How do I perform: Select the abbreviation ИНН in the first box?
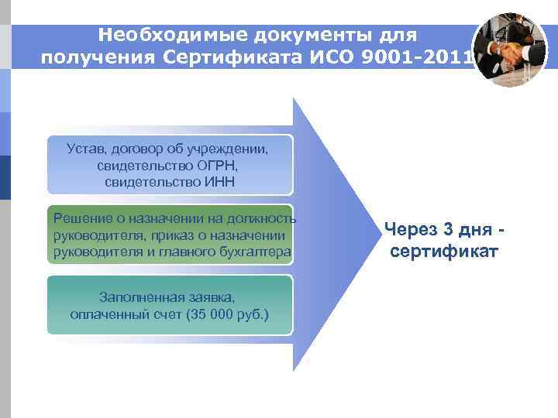218,183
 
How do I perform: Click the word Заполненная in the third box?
138,297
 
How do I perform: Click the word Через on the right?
410,230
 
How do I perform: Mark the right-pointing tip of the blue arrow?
368,235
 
